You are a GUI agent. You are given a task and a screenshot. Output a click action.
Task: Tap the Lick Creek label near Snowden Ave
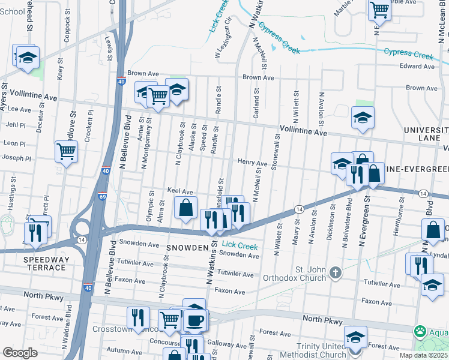tap(240, 246)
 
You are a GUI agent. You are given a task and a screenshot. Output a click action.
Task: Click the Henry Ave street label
tap(252, 163)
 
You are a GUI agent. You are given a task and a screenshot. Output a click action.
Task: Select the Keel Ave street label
tap(179, 191)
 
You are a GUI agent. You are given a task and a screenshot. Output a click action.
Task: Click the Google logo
tap(20, 352)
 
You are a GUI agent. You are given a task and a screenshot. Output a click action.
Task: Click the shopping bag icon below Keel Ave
tap(186, 208)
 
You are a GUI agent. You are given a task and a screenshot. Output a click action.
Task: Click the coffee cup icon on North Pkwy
tap(194, 320)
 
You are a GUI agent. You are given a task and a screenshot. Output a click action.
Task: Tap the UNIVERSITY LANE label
tap(425, 134)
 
